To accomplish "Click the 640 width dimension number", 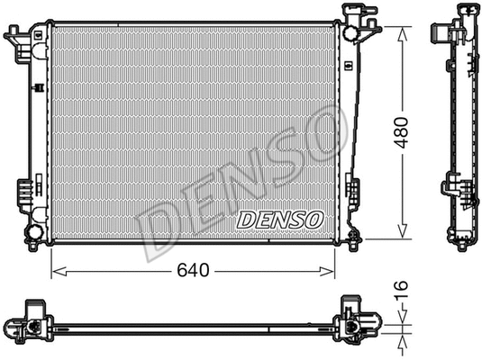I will point(193,267).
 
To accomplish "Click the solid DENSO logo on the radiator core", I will point(279,219).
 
